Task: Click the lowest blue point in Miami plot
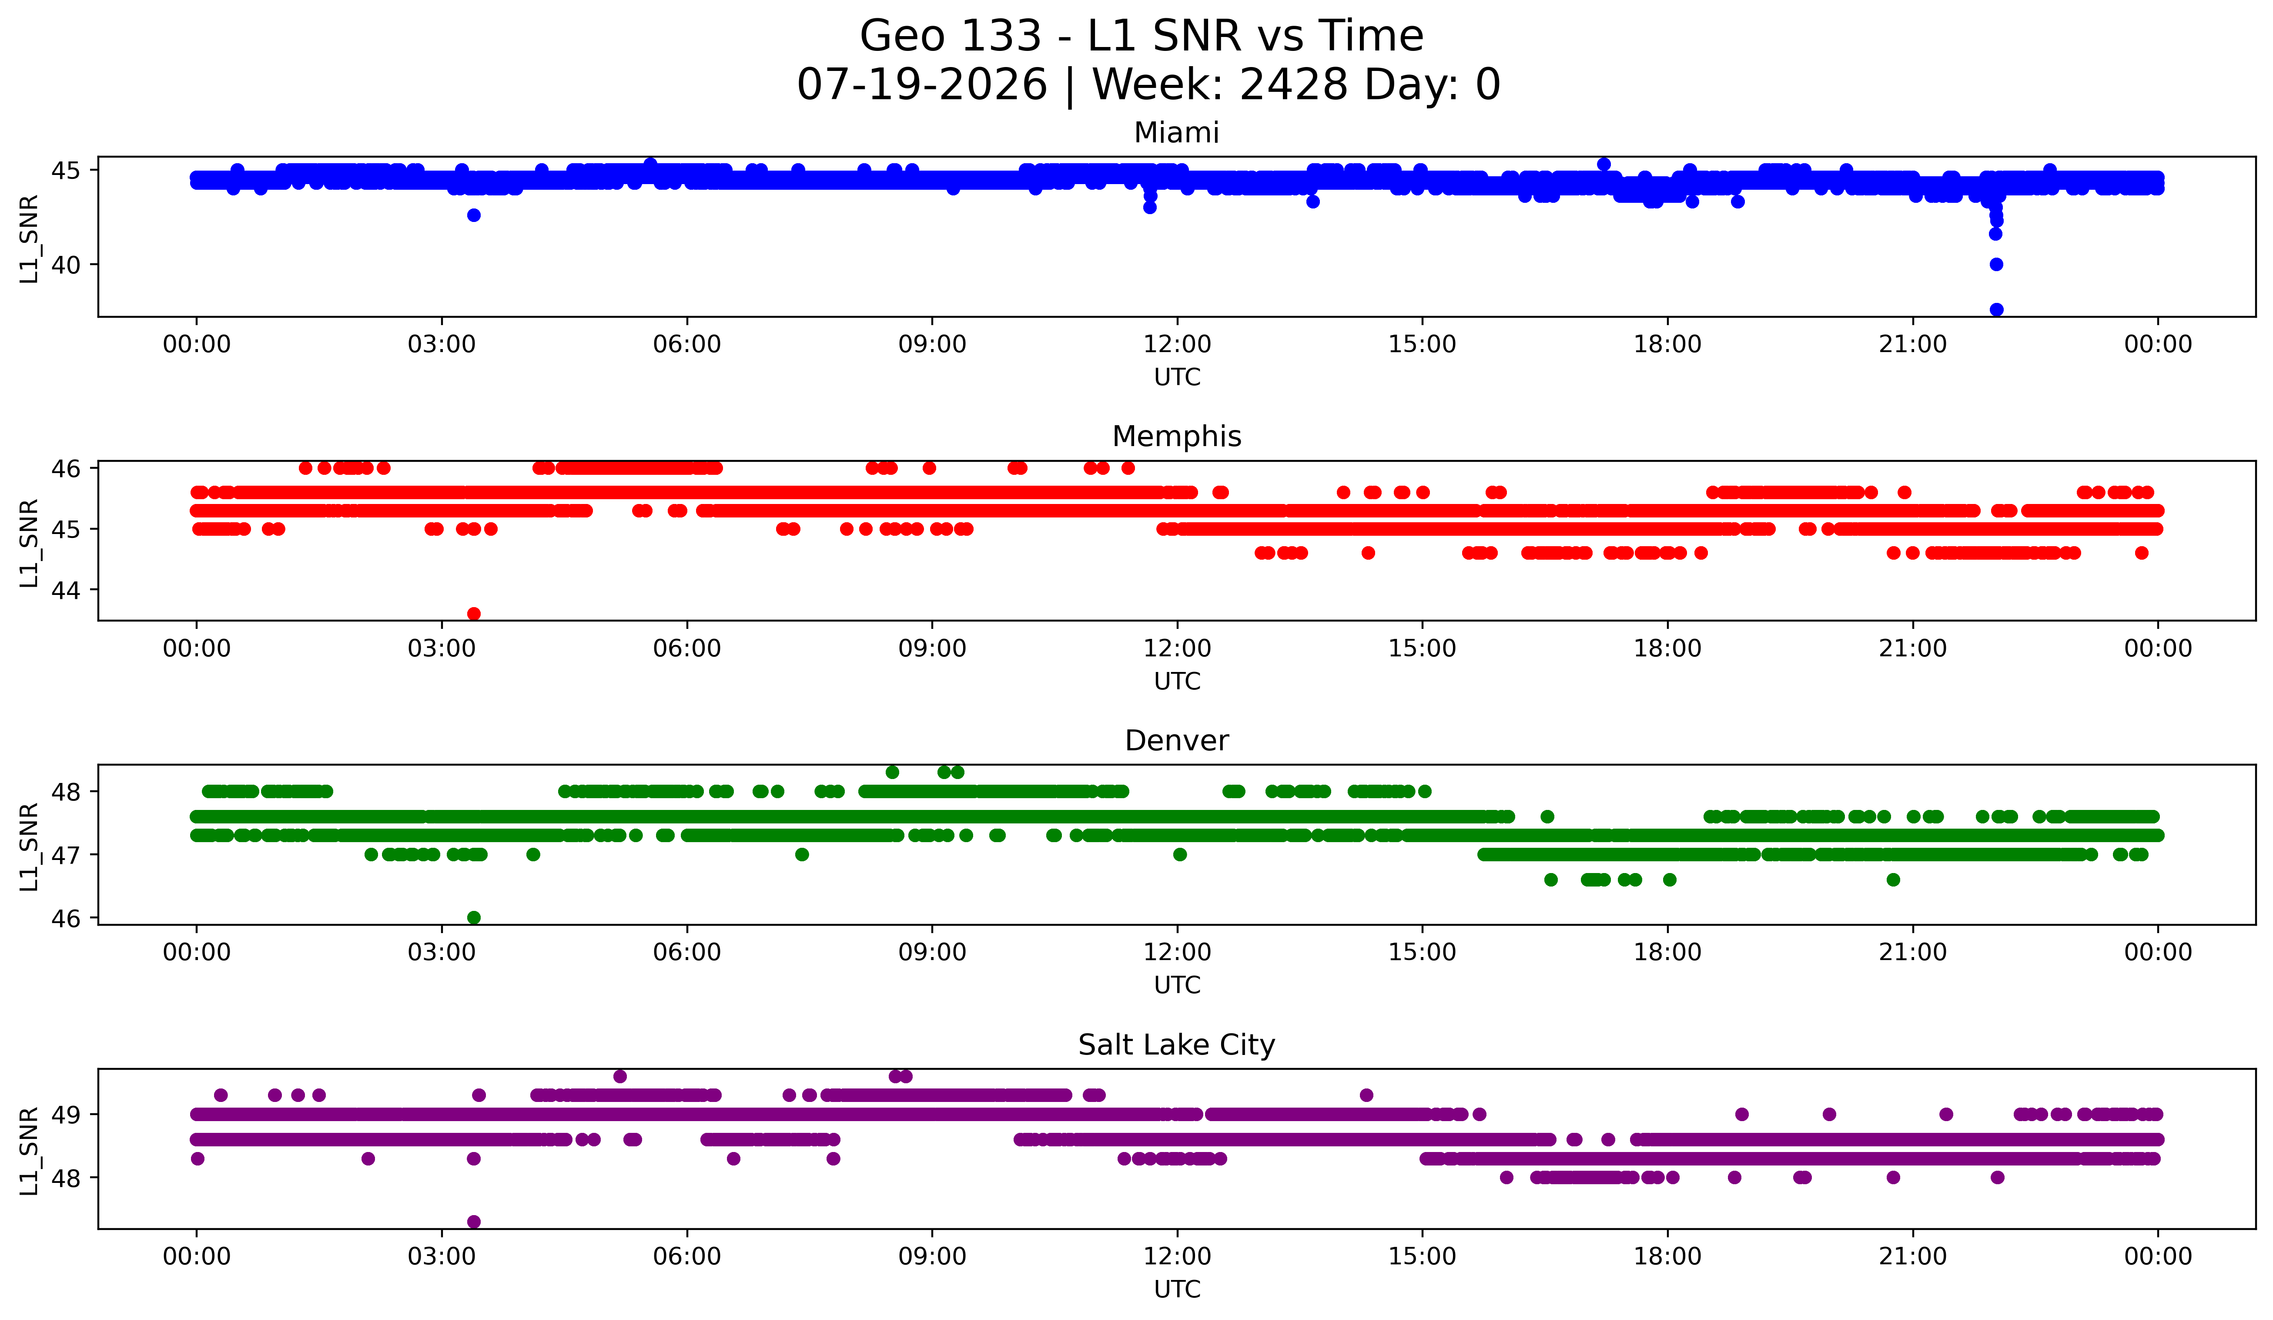coord(1996,309)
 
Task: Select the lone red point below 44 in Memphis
coord(474,614)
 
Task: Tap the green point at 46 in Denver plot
coord(474,917)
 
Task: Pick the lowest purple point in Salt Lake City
coord(474,1222)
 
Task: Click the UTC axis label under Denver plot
coord(1177,985)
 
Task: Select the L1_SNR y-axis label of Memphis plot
coord(30,543)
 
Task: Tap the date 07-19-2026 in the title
coord(922,85)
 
